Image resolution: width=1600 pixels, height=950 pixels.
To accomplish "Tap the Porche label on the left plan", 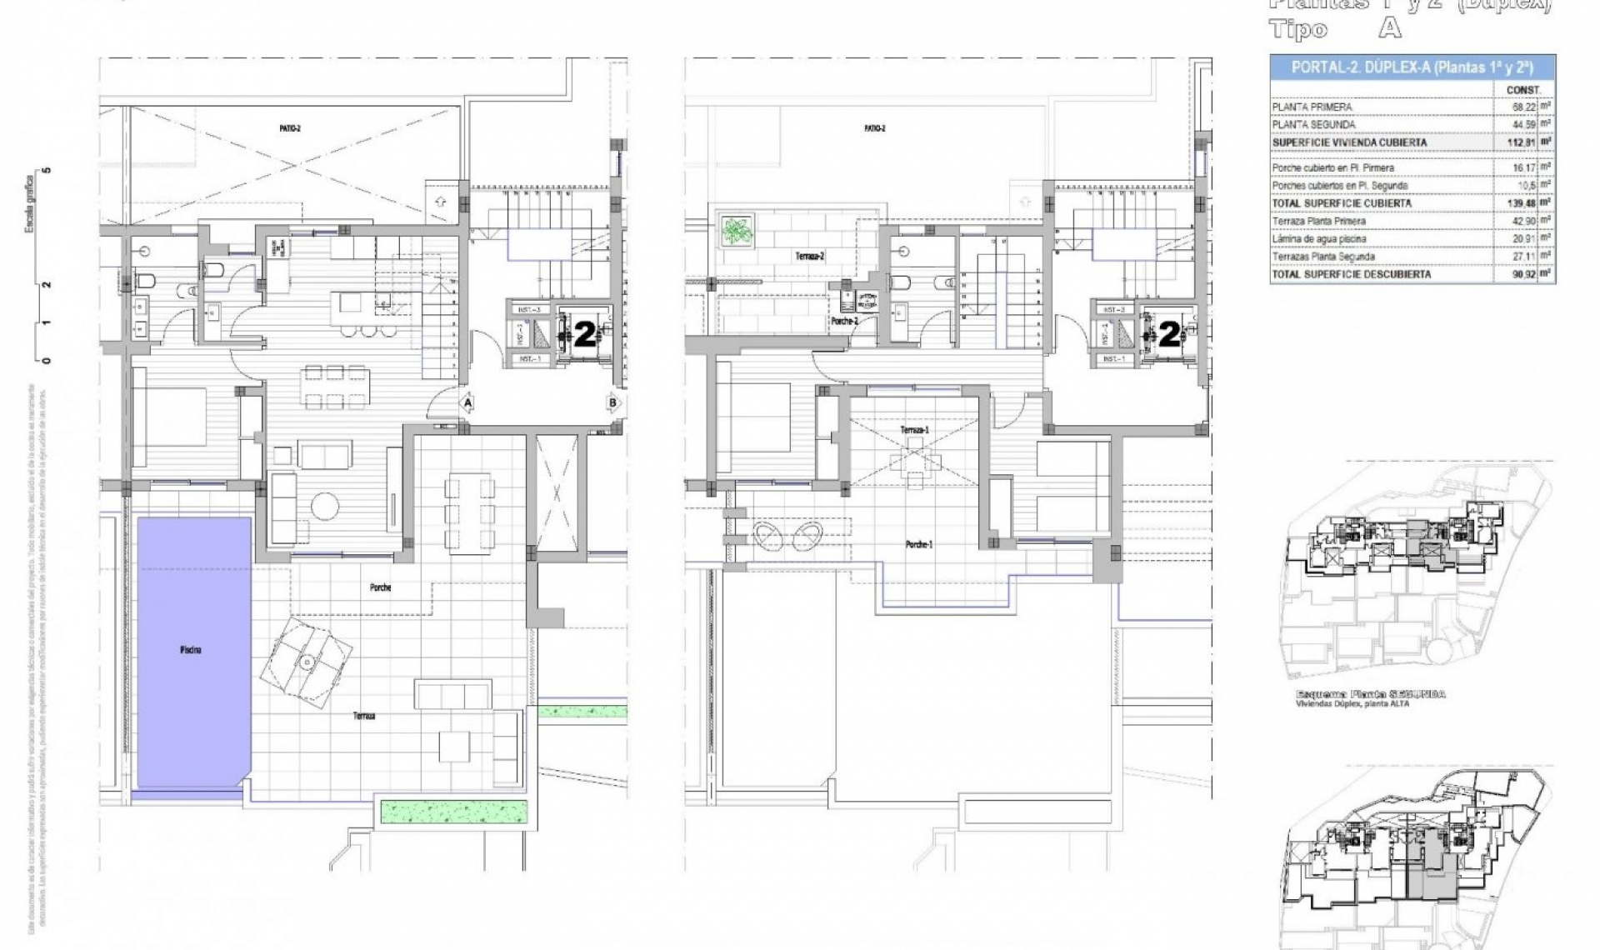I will (380, 587).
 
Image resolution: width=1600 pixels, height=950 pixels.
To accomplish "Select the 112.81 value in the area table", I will (1522, 142).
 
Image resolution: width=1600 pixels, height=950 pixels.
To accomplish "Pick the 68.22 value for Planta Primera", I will (1523, 107).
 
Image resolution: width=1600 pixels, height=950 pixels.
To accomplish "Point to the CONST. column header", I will (1523, 90).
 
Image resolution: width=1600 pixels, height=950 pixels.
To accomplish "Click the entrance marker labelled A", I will (468, 403).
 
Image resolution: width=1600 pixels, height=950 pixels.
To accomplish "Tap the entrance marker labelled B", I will (613, 403).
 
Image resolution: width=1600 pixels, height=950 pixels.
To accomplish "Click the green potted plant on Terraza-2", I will (737, 230).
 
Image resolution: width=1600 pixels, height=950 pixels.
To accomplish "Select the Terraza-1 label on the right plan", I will (914, 430).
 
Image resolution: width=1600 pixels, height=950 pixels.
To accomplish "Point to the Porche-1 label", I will (919, 544).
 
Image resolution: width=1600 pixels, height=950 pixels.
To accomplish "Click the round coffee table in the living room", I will (324, 506).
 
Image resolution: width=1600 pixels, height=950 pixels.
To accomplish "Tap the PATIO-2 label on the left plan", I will (289, 128).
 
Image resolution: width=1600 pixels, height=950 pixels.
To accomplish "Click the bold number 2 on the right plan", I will (1169, 335).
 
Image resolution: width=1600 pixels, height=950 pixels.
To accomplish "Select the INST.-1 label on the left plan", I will (530, 359).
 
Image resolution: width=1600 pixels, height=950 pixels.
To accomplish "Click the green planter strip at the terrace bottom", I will (454, 811).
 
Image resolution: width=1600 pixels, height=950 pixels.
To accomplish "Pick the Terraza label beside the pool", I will (363, 716).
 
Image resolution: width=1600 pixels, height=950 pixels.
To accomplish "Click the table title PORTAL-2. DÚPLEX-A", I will (1412, 67).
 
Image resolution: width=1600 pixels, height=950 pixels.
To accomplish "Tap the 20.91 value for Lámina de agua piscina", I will (1523, 239).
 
